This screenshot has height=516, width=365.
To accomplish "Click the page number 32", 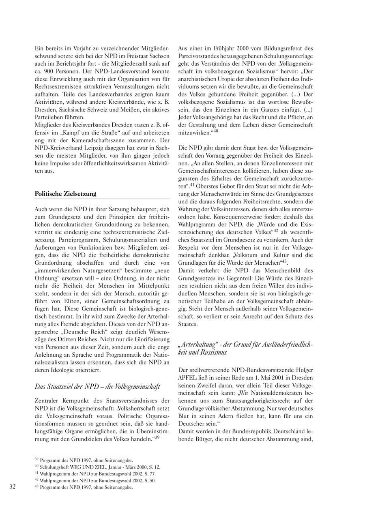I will click(13, 487).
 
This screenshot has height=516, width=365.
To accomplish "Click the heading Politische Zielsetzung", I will click(65, 194).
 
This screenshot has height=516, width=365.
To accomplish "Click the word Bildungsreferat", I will click(286, 49).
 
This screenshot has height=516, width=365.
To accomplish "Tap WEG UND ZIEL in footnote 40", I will click(84, 467).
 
